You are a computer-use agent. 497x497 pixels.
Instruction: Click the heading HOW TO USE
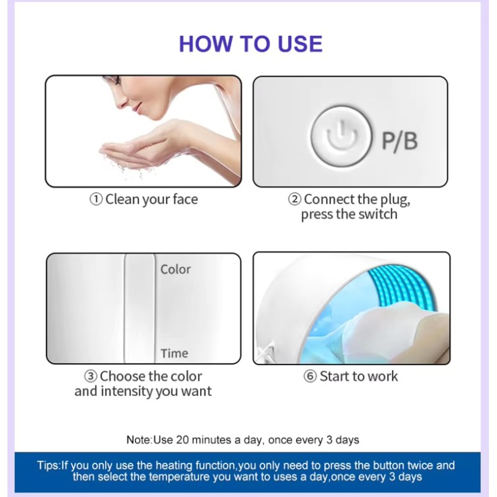coord(250,43)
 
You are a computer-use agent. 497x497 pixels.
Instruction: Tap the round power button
coord(340,136)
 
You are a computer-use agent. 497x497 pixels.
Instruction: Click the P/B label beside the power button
coord(399,141)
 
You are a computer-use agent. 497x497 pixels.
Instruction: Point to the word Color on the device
coord(175,270)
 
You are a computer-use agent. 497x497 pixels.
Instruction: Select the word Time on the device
coord(175,353)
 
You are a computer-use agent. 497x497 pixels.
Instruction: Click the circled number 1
coord(96,199)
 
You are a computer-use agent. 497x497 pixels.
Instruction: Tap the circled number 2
coord(294,199)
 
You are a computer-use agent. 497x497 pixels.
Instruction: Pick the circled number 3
coord(91,376)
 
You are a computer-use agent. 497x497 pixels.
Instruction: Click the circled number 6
coord(310,376)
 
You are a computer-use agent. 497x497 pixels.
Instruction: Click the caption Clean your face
coord(152,199)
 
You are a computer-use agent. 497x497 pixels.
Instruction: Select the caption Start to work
coord(358,376)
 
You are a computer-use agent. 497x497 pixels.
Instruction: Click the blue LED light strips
coord(403,288)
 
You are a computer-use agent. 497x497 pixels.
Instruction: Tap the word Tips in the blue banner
coord(48,465)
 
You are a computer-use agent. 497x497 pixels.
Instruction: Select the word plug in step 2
coord(394,200)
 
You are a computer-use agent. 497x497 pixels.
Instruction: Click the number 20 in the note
coord(182,440)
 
